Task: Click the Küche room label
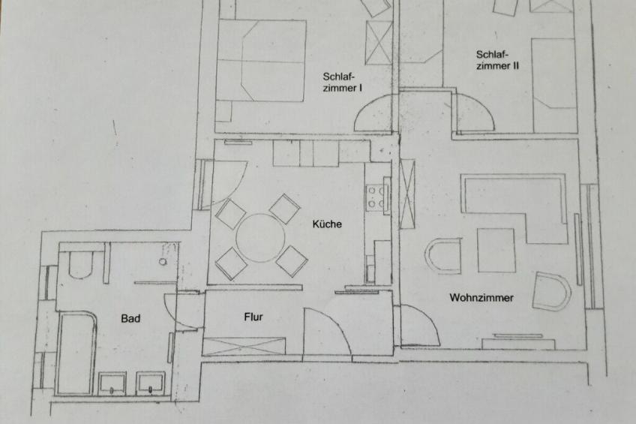point(327,224)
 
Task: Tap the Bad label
point(130,318)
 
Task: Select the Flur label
point(253,317)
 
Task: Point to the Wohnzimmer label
point(481,298)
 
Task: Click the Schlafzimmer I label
point(342,82)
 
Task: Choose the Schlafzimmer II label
point(497,60)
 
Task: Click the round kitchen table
point(260,238)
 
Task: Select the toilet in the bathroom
point(82,264)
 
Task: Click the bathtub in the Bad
point(76,353)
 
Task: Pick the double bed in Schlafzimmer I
point(262,61)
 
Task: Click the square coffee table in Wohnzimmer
point(496,251)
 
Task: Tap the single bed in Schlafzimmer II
point(553,86)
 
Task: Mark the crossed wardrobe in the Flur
point(244,346)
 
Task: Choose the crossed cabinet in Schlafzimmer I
point(379,43)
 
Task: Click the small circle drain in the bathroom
point(163,262)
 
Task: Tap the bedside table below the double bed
point(223,111)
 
